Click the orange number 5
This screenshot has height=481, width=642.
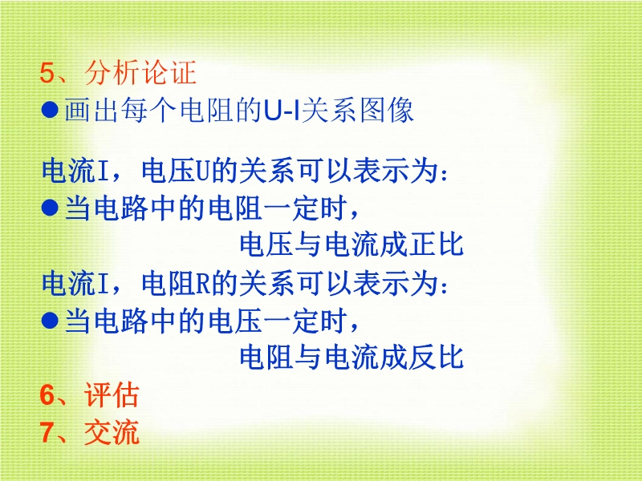[47, 73]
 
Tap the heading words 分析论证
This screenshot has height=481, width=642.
[140, 73]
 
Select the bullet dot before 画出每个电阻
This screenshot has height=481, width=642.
[50, 110]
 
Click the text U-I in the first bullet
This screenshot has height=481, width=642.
[282, 111]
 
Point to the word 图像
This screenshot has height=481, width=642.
[387, 111]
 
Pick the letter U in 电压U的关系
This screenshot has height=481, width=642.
[202, 172]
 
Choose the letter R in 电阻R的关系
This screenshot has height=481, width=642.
[203, 285]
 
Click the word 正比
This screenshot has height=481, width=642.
[436, 245]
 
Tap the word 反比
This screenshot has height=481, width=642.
[436, 357]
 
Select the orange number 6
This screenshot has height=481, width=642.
[47, 395]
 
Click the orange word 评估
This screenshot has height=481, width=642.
[112, 395]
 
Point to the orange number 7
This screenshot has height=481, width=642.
[47, 432]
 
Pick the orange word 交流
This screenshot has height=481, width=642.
[112, 432]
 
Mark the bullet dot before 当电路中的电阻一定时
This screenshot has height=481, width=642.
[50, 208]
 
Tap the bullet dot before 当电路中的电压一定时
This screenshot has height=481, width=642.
[50, 320]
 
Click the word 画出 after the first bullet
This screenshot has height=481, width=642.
[91, 111]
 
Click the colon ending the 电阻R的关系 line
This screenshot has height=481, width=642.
[445, 287]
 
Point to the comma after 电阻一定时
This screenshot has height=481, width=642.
[354, 213]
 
